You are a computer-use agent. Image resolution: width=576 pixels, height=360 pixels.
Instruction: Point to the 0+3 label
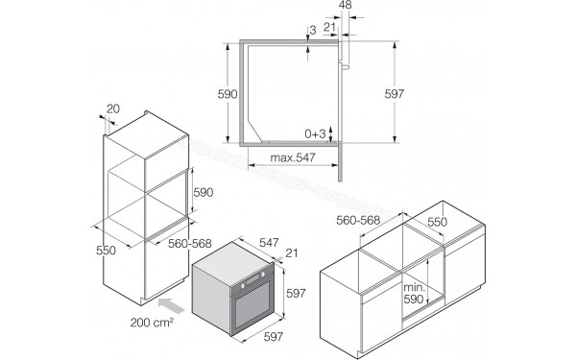(x=317, y=133)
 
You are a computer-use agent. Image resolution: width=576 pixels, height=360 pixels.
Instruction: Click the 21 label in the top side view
(x=328, y=28)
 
